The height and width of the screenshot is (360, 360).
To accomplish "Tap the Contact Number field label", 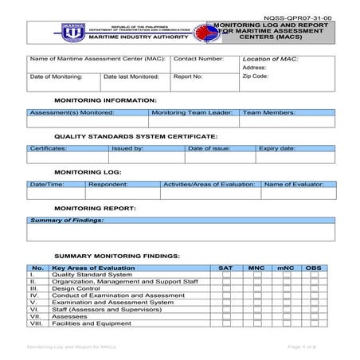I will tap(198, 60).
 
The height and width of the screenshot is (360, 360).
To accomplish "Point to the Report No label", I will tap(187, 77).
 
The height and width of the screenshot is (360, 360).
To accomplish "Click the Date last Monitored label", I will tap(131, 77).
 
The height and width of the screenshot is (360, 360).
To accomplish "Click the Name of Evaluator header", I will tap(294, 184).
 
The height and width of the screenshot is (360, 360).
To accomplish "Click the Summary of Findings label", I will tap(66, 219).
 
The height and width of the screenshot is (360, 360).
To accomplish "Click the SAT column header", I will tap(226, 268).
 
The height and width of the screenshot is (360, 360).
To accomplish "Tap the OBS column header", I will tap(313, 268).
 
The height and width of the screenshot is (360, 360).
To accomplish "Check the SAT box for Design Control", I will tap(226, 289).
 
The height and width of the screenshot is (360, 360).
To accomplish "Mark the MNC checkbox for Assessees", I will tap(256, 317).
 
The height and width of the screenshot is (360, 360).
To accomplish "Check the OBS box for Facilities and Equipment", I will tap(313, 324).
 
